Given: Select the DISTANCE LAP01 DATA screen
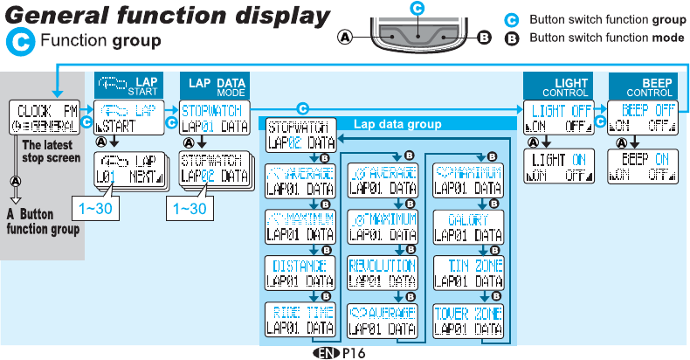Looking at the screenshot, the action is (300, 273).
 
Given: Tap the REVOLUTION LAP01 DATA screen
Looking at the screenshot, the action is (382, 273).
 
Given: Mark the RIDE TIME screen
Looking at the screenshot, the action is (300, 321).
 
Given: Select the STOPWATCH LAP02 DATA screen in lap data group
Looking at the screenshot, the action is (300, 134).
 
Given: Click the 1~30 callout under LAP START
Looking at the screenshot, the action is (94, 210).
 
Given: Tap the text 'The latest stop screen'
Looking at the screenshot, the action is (51, 152).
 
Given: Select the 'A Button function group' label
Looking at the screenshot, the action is (41, 221).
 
